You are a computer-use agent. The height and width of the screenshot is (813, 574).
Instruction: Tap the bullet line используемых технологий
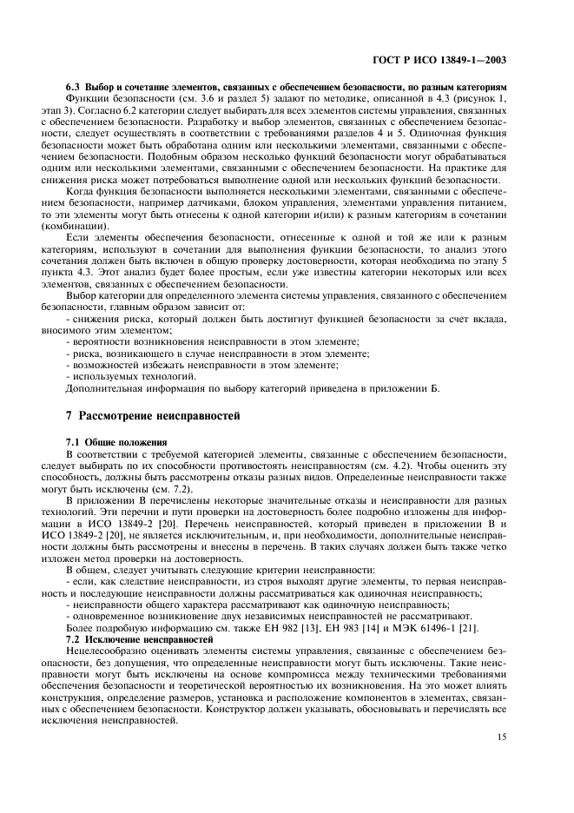click(x=133, y=376)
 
